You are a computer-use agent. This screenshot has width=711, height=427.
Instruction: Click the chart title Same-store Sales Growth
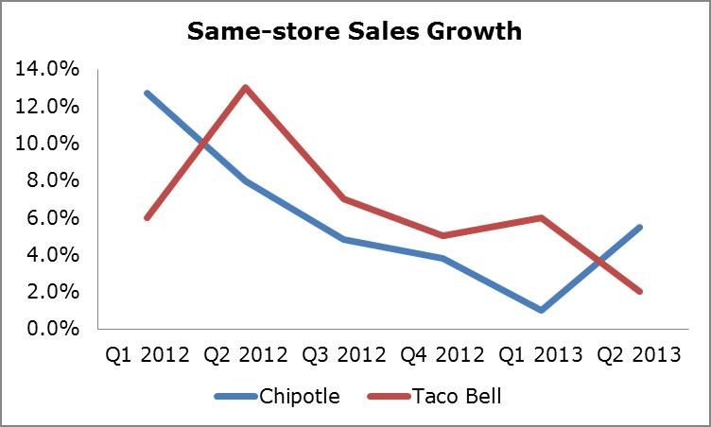pyautogui.click(x=355, y=31)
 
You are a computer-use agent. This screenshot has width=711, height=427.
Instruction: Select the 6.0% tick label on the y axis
pyautogui.click(x=43, y=217)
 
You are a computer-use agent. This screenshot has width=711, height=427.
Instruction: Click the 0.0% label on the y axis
pyautogui.click(x=43, y=329)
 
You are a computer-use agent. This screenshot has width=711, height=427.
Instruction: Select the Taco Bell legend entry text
pyautogui.click(x=456, y=396)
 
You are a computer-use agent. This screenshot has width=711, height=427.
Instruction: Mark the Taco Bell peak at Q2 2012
pyautogui.click(x=246, y=88)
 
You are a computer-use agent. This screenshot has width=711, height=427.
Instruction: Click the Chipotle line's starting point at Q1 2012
pyautogui.click(x=147, y=93)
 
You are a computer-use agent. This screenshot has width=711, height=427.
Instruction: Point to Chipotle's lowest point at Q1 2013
pyautogui.click(x=538, y=310)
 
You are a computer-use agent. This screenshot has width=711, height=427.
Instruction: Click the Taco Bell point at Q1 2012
pyautogui.click(x=147, y=217)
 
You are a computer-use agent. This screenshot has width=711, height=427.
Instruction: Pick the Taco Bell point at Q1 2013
pyautogui.click(x=538, y=217)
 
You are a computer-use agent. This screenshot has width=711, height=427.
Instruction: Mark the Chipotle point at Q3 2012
pyautogui.click(x=343, y=239)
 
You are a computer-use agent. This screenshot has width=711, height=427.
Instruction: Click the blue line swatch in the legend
pyautogui.click(x=235, y=396)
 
